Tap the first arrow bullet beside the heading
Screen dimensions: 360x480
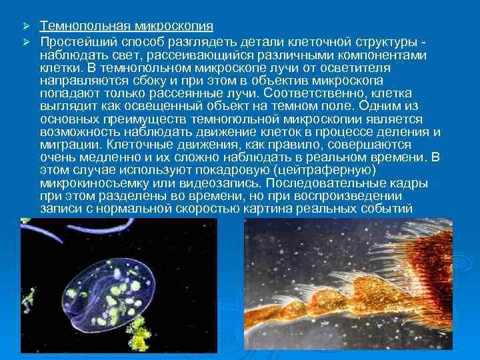(x=27, y=26)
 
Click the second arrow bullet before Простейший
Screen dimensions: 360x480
(x=27, y=42)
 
